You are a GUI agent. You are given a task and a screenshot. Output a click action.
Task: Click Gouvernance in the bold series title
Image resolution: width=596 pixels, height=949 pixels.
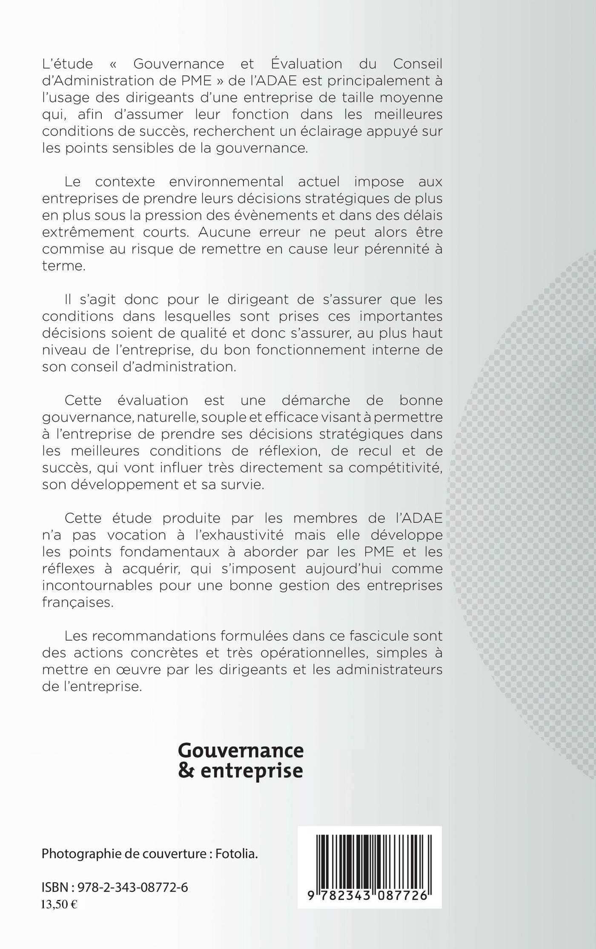(x=241, y=751)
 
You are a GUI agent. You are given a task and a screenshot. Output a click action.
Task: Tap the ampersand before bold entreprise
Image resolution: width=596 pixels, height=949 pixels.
(x=184, y=771)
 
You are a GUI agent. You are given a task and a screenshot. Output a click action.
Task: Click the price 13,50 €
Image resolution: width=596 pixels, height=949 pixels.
(x=59, y=904)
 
